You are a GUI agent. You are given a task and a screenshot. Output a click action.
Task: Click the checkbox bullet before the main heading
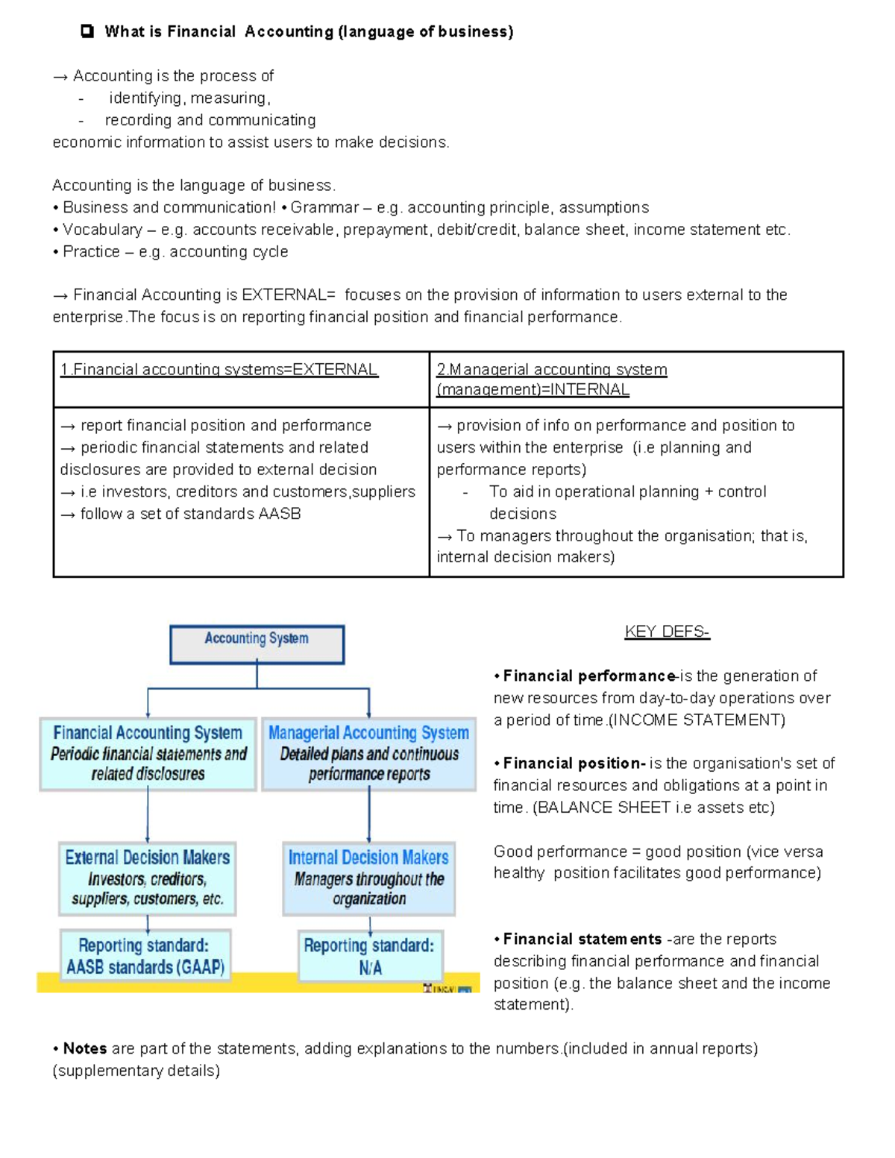[x=88, y=31]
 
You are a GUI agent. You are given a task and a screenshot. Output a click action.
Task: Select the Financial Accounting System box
[x=148, y=753]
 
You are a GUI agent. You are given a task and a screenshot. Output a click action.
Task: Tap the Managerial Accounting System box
[x=368, y=753]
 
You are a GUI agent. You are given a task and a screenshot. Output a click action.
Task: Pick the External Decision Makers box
[x=148, y=878]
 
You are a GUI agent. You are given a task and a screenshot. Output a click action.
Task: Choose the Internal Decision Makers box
[x=368, y=878]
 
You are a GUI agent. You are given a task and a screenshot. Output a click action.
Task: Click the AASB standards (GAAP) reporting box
[x=145, y=956]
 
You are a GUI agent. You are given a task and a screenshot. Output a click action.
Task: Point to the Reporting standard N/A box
[x=370, y=957]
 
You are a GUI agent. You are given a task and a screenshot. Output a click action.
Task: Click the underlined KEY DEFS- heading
[x=667, y=632]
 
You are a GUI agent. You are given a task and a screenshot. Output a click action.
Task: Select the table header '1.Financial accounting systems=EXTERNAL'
[x=219, y=370]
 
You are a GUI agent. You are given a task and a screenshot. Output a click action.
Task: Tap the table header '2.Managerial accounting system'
[x=552, y=370]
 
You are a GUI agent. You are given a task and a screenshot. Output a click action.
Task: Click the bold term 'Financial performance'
[x=589, y=676]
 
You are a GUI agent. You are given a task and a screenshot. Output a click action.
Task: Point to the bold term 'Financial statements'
[x=582, y=939]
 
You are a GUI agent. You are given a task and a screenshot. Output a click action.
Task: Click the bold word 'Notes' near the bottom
[x=85, y=1048]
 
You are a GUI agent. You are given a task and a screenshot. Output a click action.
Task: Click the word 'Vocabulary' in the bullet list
[x=102, y=230]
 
